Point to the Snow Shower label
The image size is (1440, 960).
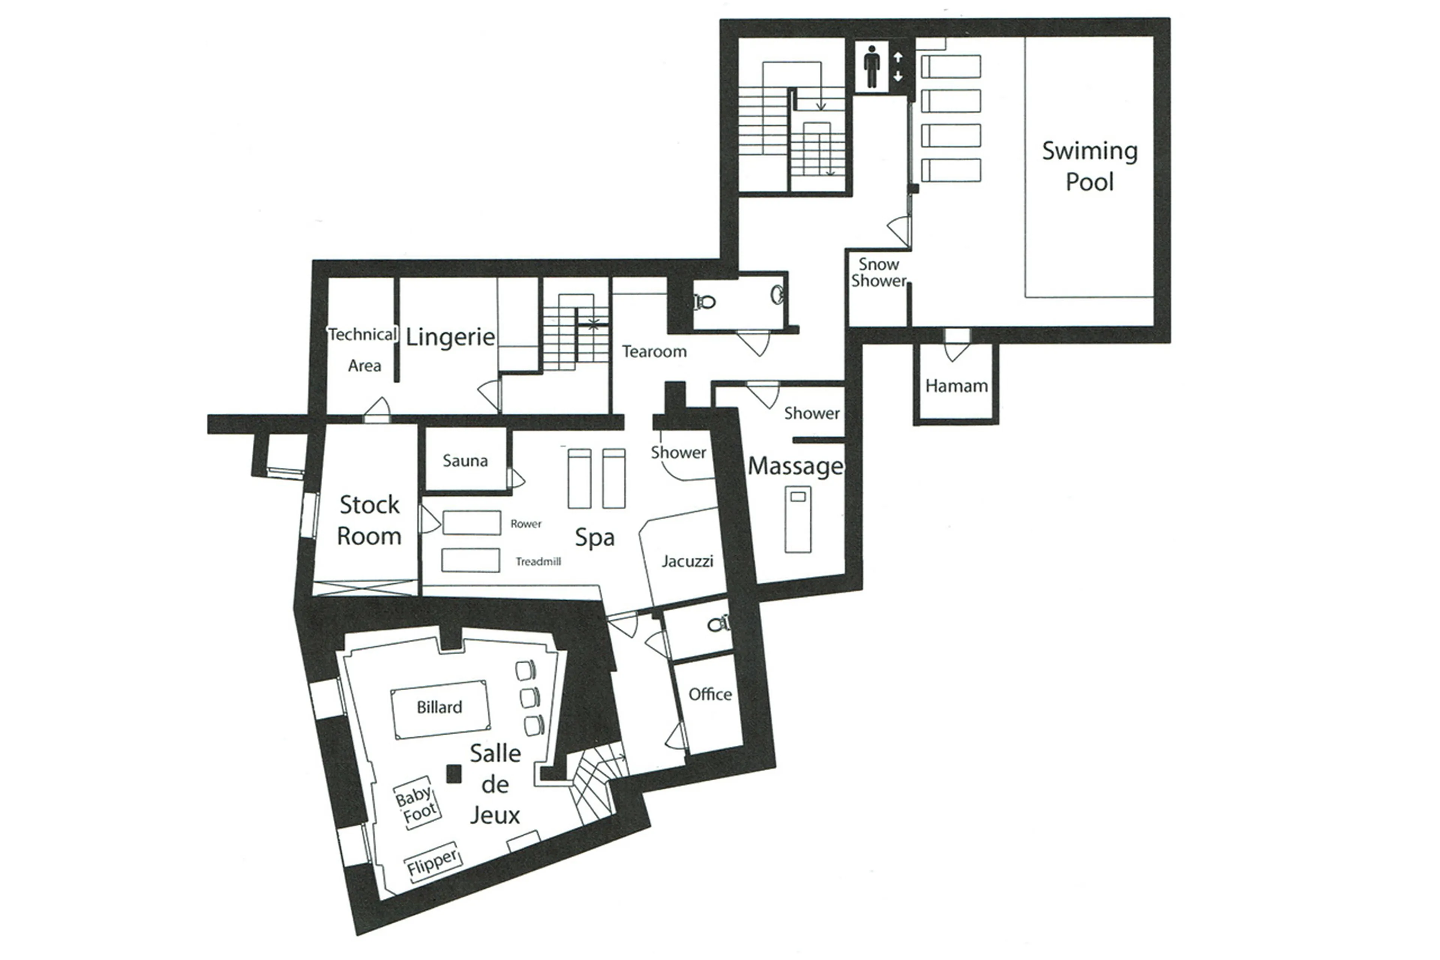pos(878,272)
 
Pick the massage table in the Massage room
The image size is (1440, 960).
pos(798,519)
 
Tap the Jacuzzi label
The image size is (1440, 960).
pos(687,561)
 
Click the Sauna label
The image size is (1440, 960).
pos(465,460)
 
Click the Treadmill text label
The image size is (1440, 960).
pos(538,562)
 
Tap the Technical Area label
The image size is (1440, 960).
pos(363,350)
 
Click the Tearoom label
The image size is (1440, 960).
pos(654,352)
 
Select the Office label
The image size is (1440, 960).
pos(710,694)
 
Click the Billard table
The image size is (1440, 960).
pos(439,708)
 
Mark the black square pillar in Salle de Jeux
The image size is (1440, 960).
pos(453,774)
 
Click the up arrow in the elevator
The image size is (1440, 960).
pos(898,57)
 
